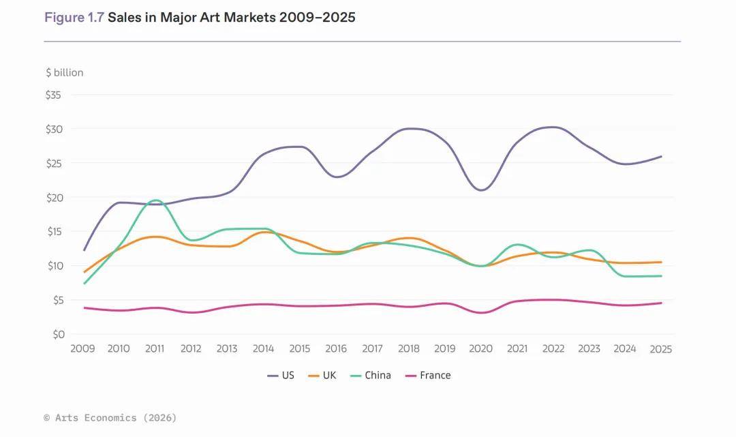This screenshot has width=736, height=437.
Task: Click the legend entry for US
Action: coord(281,375)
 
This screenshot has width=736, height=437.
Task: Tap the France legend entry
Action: coord(427,375)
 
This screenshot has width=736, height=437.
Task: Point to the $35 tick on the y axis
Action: coord(53,95)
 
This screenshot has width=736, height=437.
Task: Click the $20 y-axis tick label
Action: coord(53,198)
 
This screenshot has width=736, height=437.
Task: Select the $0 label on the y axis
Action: coord(56,334)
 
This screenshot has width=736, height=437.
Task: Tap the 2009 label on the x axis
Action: coord(83,348)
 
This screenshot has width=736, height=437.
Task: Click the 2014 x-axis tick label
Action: coord(263,348)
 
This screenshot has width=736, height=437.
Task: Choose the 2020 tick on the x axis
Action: coord(480,348)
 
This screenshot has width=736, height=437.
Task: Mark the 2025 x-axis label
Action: coord(660,349)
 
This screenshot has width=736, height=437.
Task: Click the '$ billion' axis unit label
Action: coord(65,72)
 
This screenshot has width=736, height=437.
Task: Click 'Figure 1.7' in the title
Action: coord(74,18)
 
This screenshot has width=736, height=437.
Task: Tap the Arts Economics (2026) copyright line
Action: coord(110,417)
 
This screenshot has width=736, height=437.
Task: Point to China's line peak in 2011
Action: coord(155,200)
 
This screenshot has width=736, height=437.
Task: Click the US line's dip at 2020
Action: coord(481,190)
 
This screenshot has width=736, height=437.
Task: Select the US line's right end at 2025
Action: coord(661,157)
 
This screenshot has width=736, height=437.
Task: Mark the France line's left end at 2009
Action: coord(84,307)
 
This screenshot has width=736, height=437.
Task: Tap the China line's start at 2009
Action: coord(84,283)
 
